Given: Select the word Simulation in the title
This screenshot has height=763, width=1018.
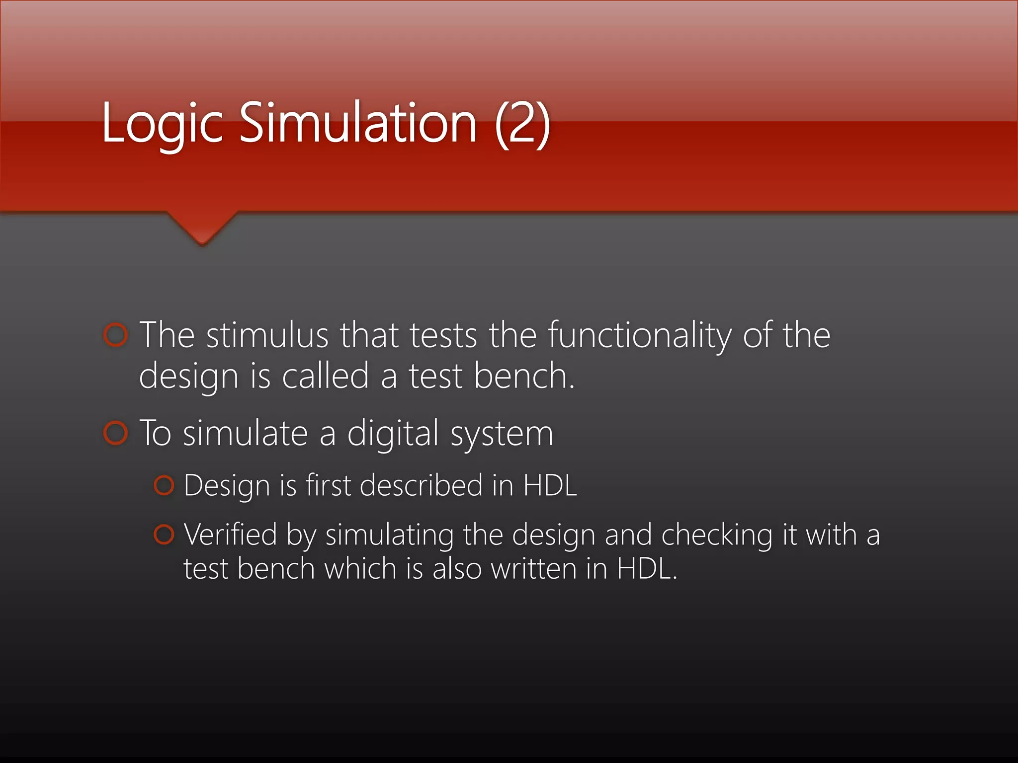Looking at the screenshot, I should click(x=358, y=122).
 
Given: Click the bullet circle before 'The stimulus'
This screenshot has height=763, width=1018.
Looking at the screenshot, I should click(x=116, y=335).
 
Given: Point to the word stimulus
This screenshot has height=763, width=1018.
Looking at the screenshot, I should click(x=267, y=335).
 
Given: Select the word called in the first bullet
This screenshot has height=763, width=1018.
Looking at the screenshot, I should click(x=325, y=376).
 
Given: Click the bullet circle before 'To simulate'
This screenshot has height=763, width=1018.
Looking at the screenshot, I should click(x=116, y=433).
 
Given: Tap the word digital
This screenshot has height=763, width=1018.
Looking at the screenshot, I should click(x=392, y=433).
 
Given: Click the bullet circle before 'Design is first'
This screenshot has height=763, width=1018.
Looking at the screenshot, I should click(x=164, y=485).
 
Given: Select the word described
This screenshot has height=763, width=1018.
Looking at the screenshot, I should click(x=421, y=485).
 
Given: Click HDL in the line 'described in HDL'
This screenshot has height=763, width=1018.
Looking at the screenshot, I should click(x=550, y=485).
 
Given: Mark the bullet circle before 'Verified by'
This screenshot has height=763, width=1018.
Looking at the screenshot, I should click(x=164, y=534).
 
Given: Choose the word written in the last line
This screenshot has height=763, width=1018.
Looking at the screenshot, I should click(x=533, y=568).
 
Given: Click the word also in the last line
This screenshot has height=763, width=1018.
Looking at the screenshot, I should click(x=457, y=568).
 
